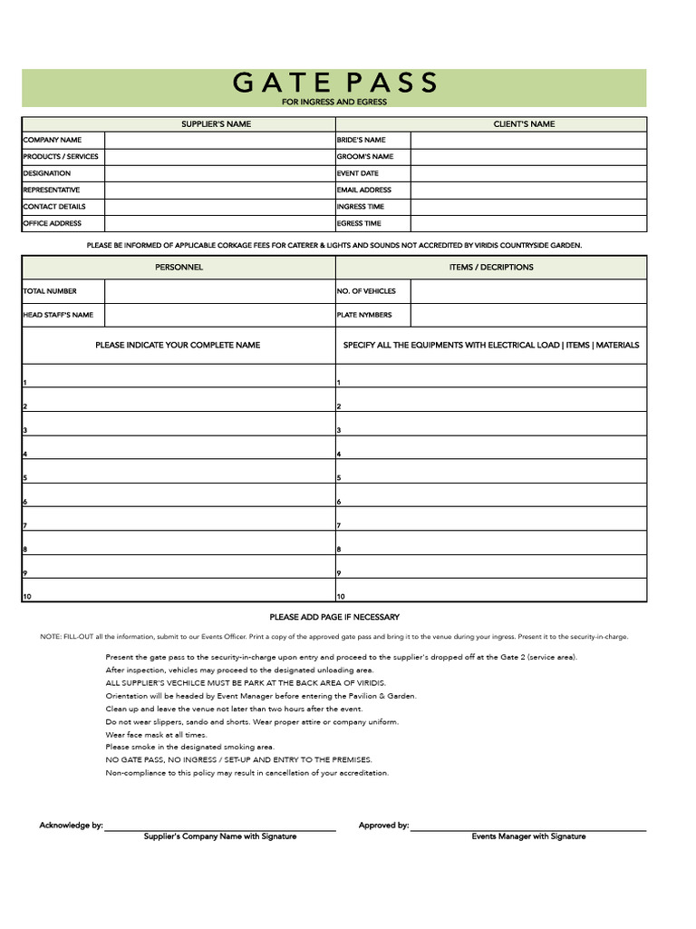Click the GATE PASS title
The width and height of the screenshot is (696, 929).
(334, 83)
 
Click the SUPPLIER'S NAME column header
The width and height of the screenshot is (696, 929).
(216, 123)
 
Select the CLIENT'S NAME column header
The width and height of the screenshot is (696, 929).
(524, 123)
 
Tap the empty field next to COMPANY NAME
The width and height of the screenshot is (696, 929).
(219, 140)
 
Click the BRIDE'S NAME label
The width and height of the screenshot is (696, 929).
(361, 140)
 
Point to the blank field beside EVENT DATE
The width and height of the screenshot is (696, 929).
(528, 173)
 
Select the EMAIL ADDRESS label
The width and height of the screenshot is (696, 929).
(363, 190)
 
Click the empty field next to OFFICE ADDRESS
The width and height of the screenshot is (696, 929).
(219, 223)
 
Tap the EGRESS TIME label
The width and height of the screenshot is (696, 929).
(359, 223)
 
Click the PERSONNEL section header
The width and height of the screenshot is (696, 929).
(179, 267)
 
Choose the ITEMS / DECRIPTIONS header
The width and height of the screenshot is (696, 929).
(491, 267)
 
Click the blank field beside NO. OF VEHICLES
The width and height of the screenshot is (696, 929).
(528, 291)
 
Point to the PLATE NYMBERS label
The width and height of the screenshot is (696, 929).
(363, 315)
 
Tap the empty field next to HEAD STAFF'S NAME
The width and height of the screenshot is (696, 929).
(219, 315)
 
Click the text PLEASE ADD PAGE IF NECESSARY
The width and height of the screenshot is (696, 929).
(334, 617)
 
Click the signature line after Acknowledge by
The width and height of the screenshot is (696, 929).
(219, 827)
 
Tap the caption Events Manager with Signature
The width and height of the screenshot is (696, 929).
(528, 836)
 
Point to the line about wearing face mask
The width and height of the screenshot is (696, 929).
(156, 735)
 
